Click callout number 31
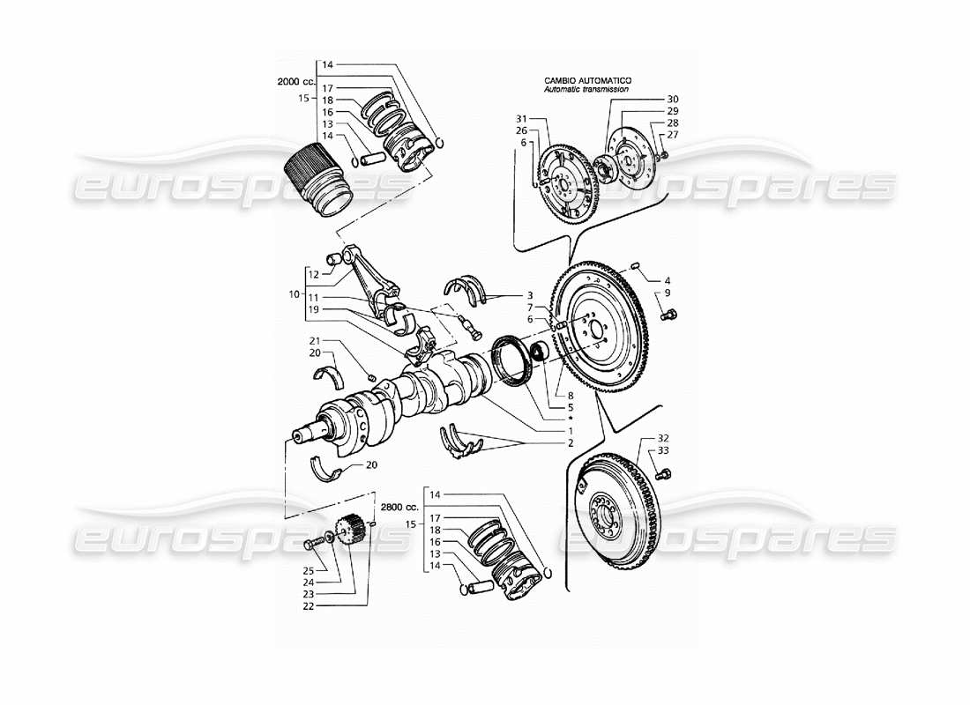click(521, 119)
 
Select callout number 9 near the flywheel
click(668, 293)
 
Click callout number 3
click(530, 296)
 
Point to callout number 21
click(315, 341)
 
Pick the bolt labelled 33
click(665, 474)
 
